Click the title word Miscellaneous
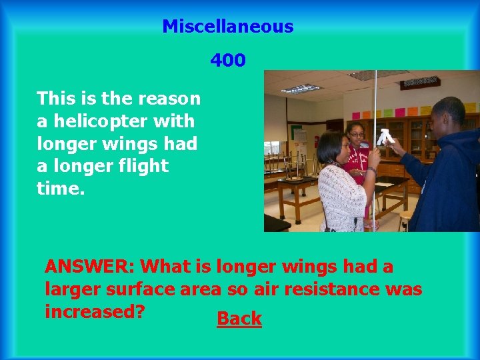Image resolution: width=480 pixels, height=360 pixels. tap(227, 27)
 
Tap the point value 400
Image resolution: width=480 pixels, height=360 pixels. tap(228, 61)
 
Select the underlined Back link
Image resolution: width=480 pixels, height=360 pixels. tap(239, 319)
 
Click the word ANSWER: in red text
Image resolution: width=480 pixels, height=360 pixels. tap(90, 267)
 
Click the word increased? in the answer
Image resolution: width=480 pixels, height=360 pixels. tap(95, 311)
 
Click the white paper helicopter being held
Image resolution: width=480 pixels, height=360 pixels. tap(384, 137)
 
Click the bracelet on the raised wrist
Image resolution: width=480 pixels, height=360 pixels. tap(371, 171)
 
